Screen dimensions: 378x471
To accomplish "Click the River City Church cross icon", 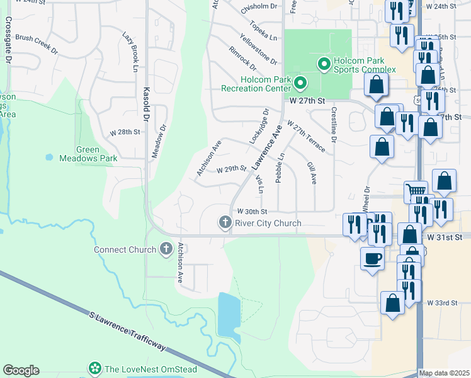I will [225, 222].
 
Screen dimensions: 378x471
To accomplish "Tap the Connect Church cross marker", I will [166, 249].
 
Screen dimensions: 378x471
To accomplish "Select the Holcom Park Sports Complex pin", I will [324, 64].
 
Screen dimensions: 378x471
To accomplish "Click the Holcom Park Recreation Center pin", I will [300, 83].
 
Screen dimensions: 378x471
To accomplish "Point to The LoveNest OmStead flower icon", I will [95, 368].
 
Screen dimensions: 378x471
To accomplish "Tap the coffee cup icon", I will [372, 258].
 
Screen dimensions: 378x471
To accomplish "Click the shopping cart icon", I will [416, 191].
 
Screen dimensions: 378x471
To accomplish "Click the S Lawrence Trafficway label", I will [127, 330].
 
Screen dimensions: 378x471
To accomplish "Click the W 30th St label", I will [252, 212].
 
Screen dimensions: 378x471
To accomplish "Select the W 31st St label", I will [444, 237].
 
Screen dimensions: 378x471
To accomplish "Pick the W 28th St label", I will [124, 132].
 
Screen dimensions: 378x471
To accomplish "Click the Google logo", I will [21, 370].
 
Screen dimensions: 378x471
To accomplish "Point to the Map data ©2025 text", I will [445, 373].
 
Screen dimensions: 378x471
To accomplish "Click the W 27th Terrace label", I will [307, 136].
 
